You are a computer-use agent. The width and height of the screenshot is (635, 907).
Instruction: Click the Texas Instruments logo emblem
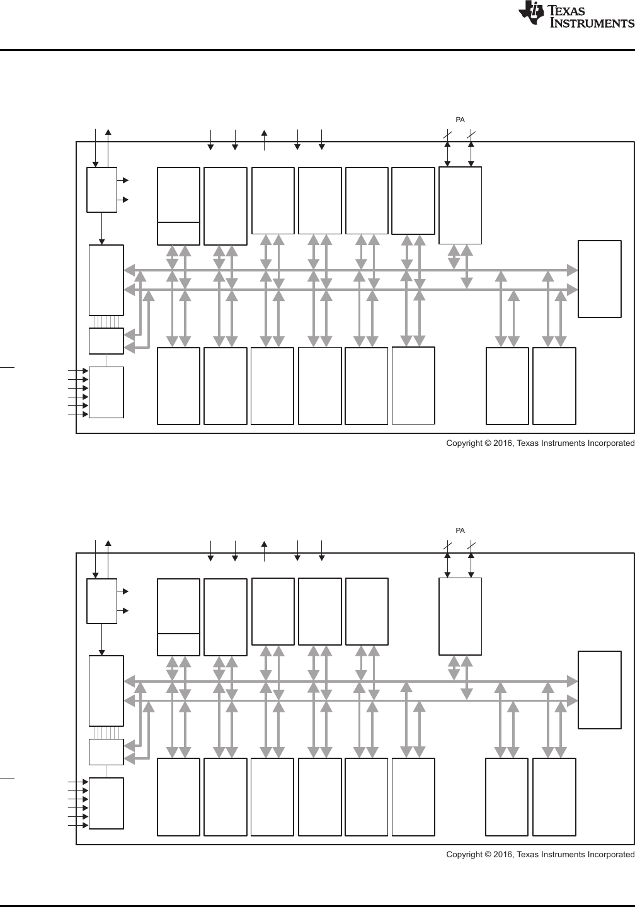pyautogui.click(x=531, y=13)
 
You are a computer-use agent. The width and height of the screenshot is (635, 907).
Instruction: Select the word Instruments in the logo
pyautogui.click(x=592, y=23)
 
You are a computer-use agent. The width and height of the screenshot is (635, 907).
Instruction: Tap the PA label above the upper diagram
pyautogui.click(x=461, y=119)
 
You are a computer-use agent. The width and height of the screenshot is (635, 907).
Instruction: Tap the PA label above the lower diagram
pyautogui.click(x=461, y=530)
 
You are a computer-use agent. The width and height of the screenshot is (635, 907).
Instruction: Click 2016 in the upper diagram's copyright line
pyautogui.click(x=503, y=443)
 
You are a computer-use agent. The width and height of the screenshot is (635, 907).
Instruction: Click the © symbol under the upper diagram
pyautogui.click(x=487, y=443)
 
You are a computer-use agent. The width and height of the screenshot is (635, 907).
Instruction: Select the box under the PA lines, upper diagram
pyautogui.click(x=460, y=205)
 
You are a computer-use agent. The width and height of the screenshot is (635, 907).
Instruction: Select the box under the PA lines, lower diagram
pyautogui.click(x=460, y=617)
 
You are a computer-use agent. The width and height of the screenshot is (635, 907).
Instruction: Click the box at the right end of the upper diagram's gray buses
pyautogui.click(x=600, y=278)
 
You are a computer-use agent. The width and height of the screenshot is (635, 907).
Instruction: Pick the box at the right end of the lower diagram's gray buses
pyautogui.click(x=600, y=690)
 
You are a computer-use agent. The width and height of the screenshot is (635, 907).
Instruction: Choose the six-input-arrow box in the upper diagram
pyautogui.click(x=106, y=392)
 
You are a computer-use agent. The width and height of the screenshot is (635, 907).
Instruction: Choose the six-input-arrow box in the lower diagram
pyautogui.click(x=106, y=803)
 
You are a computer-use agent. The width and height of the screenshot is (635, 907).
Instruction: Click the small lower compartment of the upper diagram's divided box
pyautogui.click(x=178, y=233)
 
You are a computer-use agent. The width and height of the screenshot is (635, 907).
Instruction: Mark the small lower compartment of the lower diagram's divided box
pyautogui.click(x=178, y=644)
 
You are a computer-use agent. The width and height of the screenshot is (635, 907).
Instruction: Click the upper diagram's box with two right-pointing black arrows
pyautogui.click(x=101, y=190)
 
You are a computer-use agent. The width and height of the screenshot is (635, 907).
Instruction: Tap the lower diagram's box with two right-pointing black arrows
pyautogui.click(x=101, y=601)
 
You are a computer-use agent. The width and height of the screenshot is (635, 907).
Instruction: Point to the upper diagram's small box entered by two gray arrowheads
pyautogui.click(x=106, y=341)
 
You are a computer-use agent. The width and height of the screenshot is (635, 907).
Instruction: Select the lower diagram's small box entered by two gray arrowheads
pyautogui.click(x=106, y=751)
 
